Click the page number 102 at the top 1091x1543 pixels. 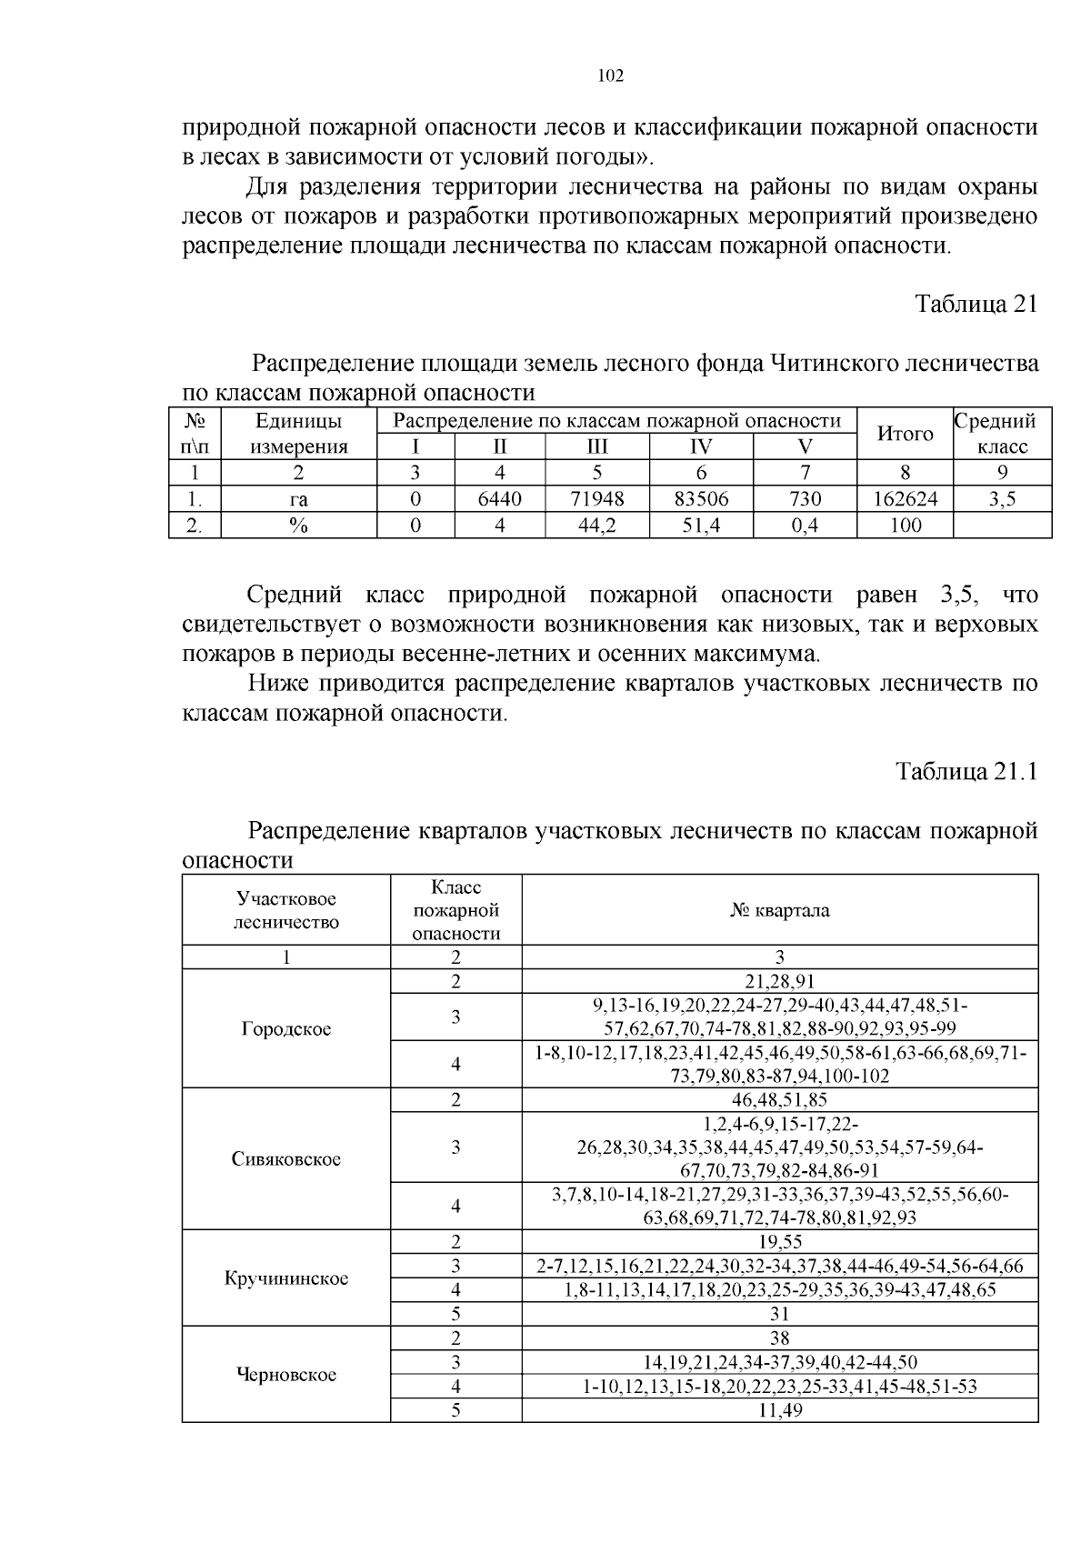611,76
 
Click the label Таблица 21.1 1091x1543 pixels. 966,772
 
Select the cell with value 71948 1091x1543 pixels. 597,499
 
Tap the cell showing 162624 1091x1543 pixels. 905,499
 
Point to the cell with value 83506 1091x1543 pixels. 701,499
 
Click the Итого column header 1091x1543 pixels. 905,434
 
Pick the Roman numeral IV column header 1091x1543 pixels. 701,446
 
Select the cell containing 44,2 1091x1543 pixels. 597,526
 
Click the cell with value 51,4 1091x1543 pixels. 701,526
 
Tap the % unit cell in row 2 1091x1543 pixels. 298,526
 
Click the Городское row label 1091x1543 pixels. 286,1029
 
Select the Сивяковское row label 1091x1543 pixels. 286,1159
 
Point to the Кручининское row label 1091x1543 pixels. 286,1278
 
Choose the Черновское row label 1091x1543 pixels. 286,1374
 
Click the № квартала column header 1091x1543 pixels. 779,910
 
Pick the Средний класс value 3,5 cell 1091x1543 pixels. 1002,499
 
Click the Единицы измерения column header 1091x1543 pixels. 298,434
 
